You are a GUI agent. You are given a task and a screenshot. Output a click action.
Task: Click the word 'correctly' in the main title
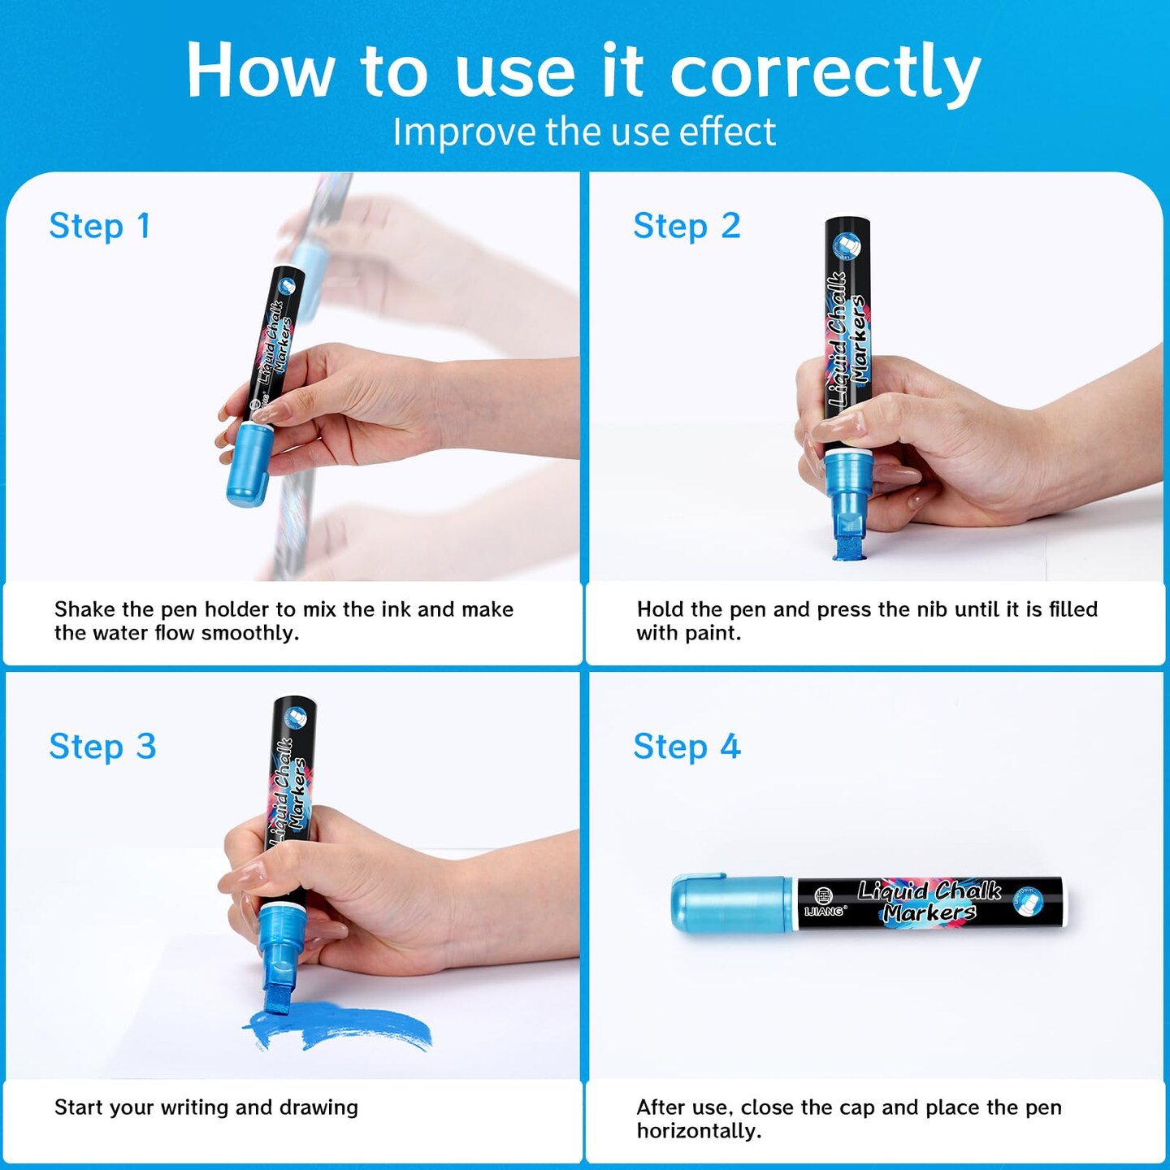[825, 73]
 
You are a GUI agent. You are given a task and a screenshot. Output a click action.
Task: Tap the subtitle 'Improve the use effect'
[584, 131]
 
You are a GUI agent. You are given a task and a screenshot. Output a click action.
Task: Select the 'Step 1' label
[100, 227]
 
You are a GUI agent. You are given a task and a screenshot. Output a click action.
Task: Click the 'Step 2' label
[687, 227]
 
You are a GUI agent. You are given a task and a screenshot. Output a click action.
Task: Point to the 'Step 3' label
[102, 747]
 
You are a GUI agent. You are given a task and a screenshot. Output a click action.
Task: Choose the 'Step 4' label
[687, 747]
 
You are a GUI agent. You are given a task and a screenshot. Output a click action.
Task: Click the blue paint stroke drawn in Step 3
[337, 1025]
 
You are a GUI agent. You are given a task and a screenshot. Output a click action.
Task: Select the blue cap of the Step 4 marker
[731, 903]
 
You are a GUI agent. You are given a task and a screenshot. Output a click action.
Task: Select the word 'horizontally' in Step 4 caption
[698, 1131]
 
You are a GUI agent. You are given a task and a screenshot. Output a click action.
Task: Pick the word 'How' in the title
[260, 71]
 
